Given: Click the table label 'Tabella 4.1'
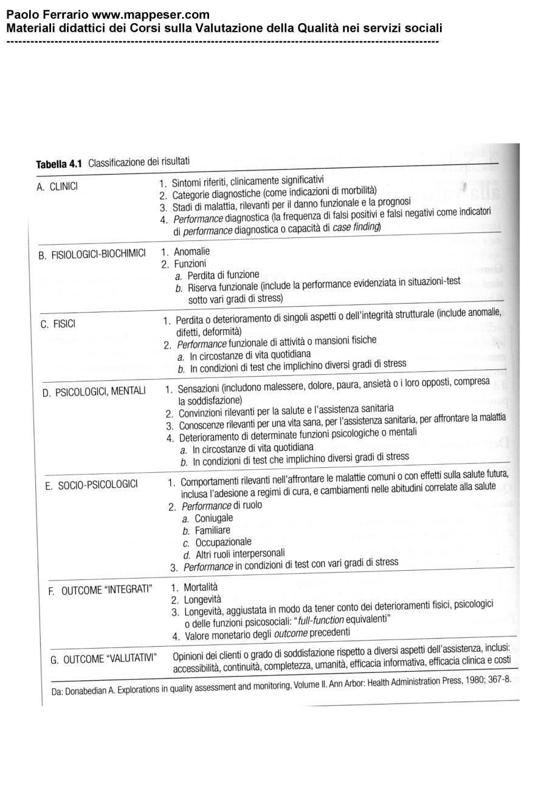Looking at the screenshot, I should pyautogui.click(x=59, y=164).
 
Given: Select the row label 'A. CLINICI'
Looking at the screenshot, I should pyautogui.click(x=57, y=187).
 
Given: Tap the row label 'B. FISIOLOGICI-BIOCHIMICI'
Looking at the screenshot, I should pyautogui.click(x=92, y=254).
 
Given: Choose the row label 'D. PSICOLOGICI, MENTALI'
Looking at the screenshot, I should pyautogui.click(x=94, y=391).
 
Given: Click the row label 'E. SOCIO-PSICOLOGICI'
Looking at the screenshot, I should pyautogui.click(x=92, y=486).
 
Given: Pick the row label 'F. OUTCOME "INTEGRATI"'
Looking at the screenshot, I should pyautogui.click(x=100, y=590).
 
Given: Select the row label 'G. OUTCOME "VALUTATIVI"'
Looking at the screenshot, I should pyautogui.click(x=103, y=658).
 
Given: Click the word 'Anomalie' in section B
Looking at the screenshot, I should pyautogui.click(x=191, y=251).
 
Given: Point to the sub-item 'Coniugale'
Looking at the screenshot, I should pyautogui.click(x=213, y=518).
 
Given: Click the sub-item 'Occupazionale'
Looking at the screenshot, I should pyautogui.click(x=223, y=542).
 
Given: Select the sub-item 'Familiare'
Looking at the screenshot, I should pyautogui.click(x=212, y=531).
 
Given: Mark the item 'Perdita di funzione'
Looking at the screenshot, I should pyautogui.click(x=223, y=276).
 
